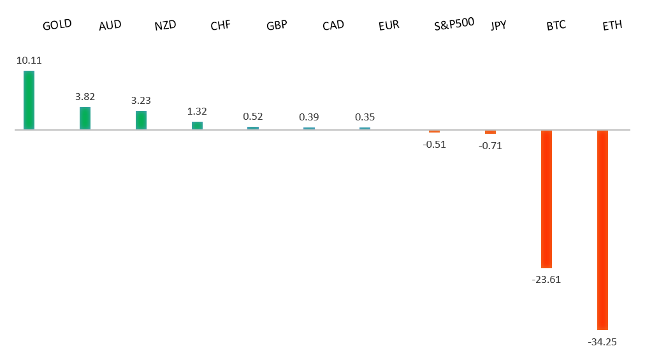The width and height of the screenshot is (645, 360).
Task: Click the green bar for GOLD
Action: point(29,100)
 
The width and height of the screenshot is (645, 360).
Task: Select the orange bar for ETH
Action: point(602,229)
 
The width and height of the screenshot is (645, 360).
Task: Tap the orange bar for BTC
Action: point(546,199)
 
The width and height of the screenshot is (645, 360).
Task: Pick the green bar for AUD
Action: point(85,119)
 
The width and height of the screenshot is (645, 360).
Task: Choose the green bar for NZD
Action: point(141,120)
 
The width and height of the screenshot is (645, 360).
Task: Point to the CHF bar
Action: point(197,126)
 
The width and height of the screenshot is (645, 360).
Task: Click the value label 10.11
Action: point(29,61)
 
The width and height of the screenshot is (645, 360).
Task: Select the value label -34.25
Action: point(602,342)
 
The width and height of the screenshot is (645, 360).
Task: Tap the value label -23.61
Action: point(546,280)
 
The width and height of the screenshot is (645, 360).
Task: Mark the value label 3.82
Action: point(85,97)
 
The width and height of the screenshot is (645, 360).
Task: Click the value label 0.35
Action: point(365,117)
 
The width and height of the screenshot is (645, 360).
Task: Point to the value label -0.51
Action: point(434,144)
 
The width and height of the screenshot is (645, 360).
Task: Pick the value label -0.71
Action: point(490,145)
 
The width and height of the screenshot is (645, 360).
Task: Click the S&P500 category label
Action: point(454,25)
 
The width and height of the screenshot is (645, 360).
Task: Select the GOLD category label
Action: point(57,25)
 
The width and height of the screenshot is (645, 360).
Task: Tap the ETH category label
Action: point(612,25)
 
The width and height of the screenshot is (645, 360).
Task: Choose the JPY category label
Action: point(499,25)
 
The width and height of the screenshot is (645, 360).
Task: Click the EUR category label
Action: point(388,25)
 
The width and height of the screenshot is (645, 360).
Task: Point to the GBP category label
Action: point(277,25)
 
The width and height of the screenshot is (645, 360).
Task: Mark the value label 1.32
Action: point(197,112)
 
